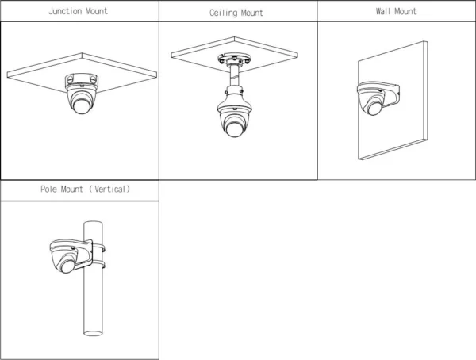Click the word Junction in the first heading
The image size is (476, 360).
65,11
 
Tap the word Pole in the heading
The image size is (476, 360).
48,189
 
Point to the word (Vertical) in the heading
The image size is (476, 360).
109,189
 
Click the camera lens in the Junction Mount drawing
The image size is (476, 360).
82,106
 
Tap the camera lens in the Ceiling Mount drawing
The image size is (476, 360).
234,128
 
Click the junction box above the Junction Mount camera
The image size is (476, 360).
82,80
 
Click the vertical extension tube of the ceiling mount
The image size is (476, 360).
234,76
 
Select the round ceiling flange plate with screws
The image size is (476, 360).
234,59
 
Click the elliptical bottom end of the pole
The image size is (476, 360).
93,333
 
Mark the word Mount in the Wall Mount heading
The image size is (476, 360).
405,11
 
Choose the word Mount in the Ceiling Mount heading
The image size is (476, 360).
252,13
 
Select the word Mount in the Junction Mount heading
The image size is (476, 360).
96,11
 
